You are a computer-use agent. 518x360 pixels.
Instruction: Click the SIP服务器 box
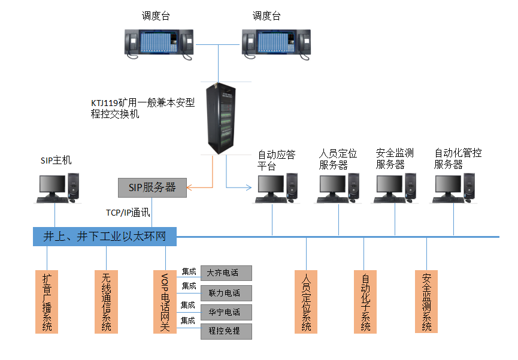152,187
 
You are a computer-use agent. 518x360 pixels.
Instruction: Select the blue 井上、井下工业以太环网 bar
105,237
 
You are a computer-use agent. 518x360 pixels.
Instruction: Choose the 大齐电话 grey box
226,273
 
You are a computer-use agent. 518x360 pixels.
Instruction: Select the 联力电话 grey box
226,293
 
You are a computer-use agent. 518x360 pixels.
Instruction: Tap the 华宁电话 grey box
226,312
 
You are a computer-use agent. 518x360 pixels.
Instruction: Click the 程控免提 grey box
226,331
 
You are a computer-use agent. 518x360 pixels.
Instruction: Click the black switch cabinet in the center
220,116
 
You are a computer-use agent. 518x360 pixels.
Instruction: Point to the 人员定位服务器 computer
338,188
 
